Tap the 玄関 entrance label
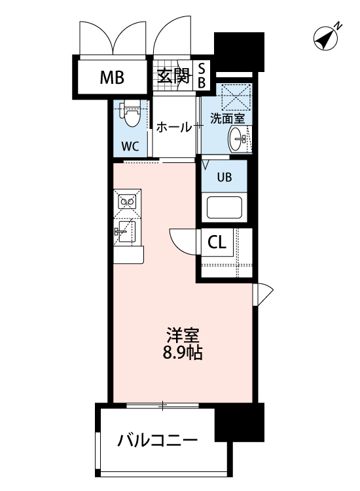click(x=172, y=77)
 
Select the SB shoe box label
click(x=202, y=75)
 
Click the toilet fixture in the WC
click(x=132, y=116)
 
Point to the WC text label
click(x=130, y=146)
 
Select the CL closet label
click(x=217, y=242)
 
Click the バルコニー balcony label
click(x=157, y=441)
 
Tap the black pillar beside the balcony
click(x=240, y=423)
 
